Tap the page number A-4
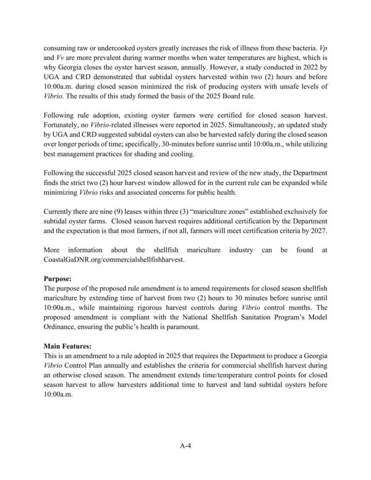click(185, 444)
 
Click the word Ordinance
click(65, 331)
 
